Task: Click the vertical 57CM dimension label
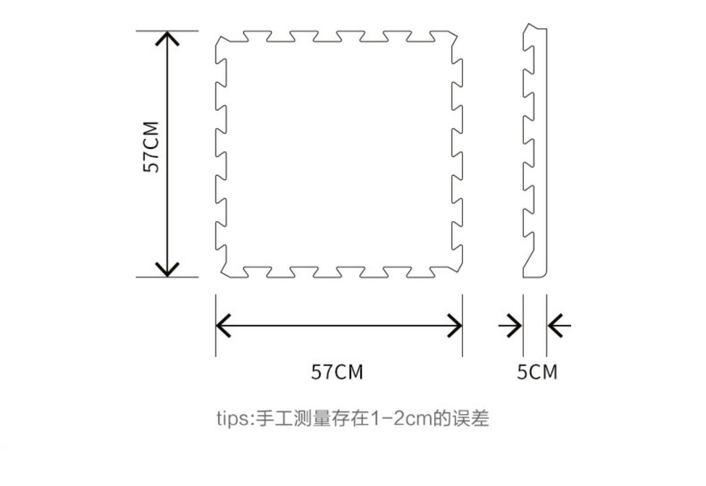click(x=152, y=147)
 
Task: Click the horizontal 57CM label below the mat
click(x=337, y=372)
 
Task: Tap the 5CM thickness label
click(x=537, y=372)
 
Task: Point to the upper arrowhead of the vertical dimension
click(x=168, y=38)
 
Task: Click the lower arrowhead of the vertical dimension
click(x=168, y=270)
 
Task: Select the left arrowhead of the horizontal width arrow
click(x=222, y=325)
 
